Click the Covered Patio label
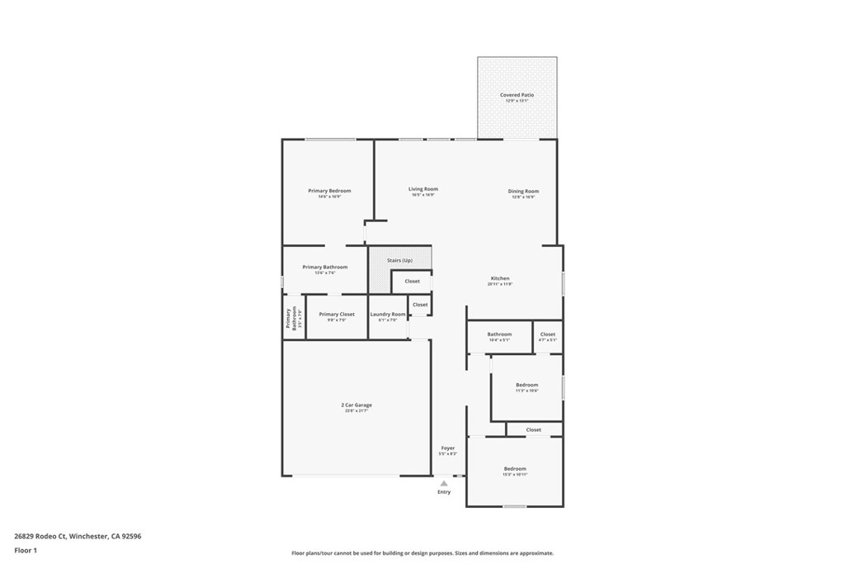(x=517, y=96)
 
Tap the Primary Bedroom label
(x=329, y=192)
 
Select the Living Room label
(x=422, y=190)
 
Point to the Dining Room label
(x=523, y=192)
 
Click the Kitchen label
(x=500, y=279)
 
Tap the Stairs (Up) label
(x=399, y=261)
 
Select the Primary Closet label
(x=337, y=315)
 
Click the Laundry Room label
(x=387, y=315)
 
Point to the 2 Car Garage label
(x=356, y=405)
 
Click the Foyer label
(x=447, y=448)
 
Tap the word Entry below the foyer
(x=444, y=492)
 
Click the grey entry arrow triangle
(x=444, y=483)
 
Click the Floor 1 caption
(x=26, y=549)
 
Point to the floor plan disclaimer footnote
(x=422, y=553)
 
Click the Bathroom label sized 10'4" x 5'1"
(x=499, y=334)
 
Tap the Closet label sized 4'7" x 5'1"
(x=548, y=334)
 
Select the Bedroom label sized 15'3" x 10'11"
(x=515, y=469)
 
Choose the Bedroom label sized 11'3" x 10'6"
(x=526, y=386)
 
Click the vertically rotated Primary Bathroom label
(x=289, y=318)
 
